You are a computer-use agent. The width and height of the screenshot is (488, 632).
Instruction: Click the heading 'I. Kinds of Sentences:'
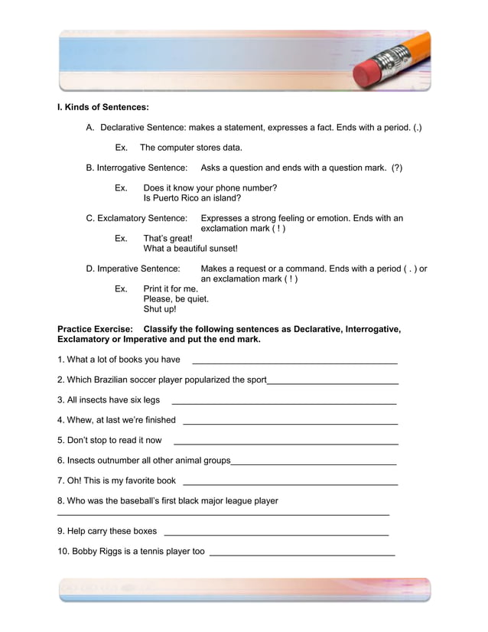tap(103, 107)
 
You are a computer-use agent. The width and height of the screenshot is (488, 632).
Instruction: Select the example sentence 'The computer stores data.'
tap(190, 147)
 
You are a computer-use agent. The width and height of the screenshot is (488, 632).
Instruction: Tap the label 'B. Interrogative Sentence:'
tap(137, 168)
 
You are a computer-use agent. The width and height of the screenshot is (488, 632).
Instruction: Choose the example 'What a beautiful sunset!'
tap(190, 249)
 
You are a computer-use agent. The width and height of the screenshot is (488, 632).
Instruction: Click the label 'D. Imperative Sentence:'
tap(132, 269)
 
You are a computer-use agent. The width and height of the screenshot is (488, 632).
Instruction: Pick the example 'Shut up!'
tap(160, 310)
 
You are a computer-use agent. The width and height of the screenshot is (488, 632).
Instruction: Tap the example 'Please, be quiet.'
tap(176, 299)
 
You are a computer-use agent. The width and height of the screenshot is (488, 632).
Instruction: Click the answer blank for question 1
tap(294, 361)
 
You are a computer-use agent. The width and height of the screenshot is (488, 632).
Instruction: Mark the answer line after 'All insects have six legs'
tap(284, 401)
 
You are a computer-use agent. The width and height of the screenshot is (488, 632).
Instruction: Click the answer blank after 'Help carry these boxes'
tap(276, 533)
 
